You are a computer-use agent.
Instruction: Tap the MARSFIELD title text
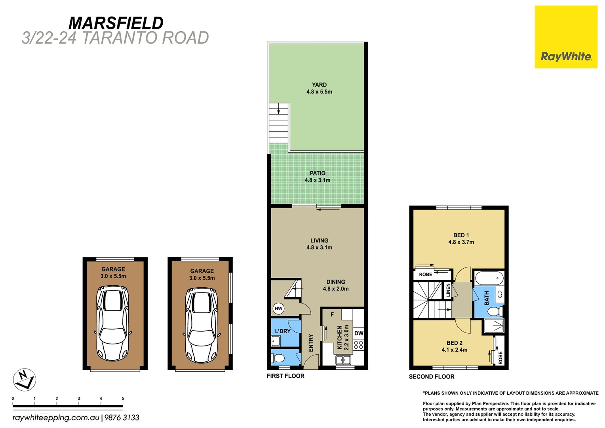tap(116, 23)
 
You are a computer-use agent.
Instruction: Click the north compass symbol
tap(25, 380)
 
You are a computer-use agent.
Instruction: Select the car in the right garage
tap(202, 325)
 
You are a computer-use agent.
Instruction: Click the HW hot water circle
tap(279, 308)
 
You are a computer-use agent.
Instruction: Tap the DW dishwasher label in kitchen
tap(359, 333)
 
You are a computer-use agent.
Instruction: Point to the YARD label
tap(319, 85)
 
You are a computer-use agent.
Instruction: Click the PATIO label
tap(318, 173)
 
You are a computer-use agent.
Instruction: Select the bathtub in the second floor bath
tap(489, 278)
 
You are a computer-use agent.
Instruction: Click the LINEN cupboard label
tap(448, 290)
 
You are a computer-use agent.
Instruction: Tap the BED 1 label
tap(461, 235)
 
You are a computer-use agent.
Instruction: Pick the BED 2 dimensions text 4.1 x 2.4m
tap(454, 350)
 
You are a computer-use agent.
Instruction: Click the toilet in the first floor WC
tap(278, 358)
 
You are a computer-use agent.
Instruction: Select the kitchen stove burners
tap(358, 345)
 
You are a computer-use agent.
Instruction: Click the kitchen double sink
tap(343, 360)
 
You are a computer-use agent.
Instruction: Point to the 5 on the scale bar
tap(123, 399)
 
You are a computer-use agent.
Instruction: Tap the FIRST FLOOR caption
tap(285, 376)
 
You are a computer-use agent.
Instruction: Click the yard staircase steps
tap(278, 125)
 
